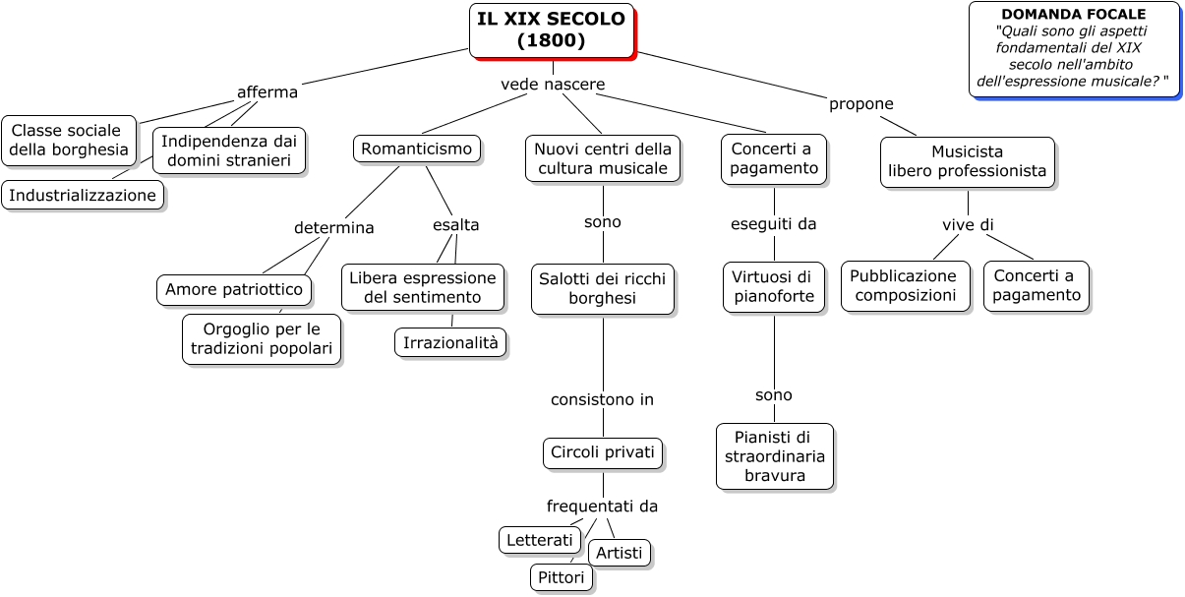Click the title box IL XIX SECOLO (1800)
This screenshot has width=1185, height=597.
click(552, 30)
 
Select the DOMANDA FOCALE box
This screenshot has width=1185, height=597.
click(1074, 49)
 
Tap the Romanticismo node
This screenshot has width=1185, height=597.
click(417, 149)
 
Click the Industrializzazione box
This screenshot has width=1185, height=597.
click(83, 195)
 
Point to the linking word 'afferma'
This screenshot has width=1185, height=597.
click(267, 92)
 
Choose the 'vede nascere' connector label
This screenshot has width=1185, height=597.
click(553, 85)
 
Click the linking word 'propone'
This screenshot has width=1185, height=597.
click(860, 103)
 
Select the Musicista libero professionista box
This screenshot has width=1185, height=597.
click(967, 161)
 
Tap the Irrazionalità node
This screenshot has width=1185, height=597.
click(450, 342)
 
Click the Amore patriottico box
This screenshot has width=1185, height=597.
click(234, 289)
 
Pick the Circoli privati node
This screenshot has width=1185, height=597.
click(603, 452)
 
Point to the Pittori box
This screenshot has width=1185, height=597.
click(561, 577)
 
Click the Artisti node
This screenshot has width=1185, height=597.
click(619, 553)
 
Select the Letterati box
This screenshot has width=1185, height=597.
click(540, 540)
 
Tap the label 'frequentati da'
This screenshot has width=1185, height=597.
click(602, 506)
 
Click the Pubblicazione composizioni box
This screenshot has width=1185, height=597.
click(906, 286)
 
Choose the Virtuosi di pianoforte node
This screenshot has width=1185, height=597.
click(774, 286)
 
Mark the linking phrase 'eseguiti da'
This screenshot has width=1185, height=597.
click(773, 224)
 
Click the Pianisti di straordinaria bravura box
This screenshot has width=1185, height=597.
click(775, 456)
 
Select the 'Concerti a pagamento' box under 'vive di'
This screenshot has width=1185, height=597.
click(1037, 286)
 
